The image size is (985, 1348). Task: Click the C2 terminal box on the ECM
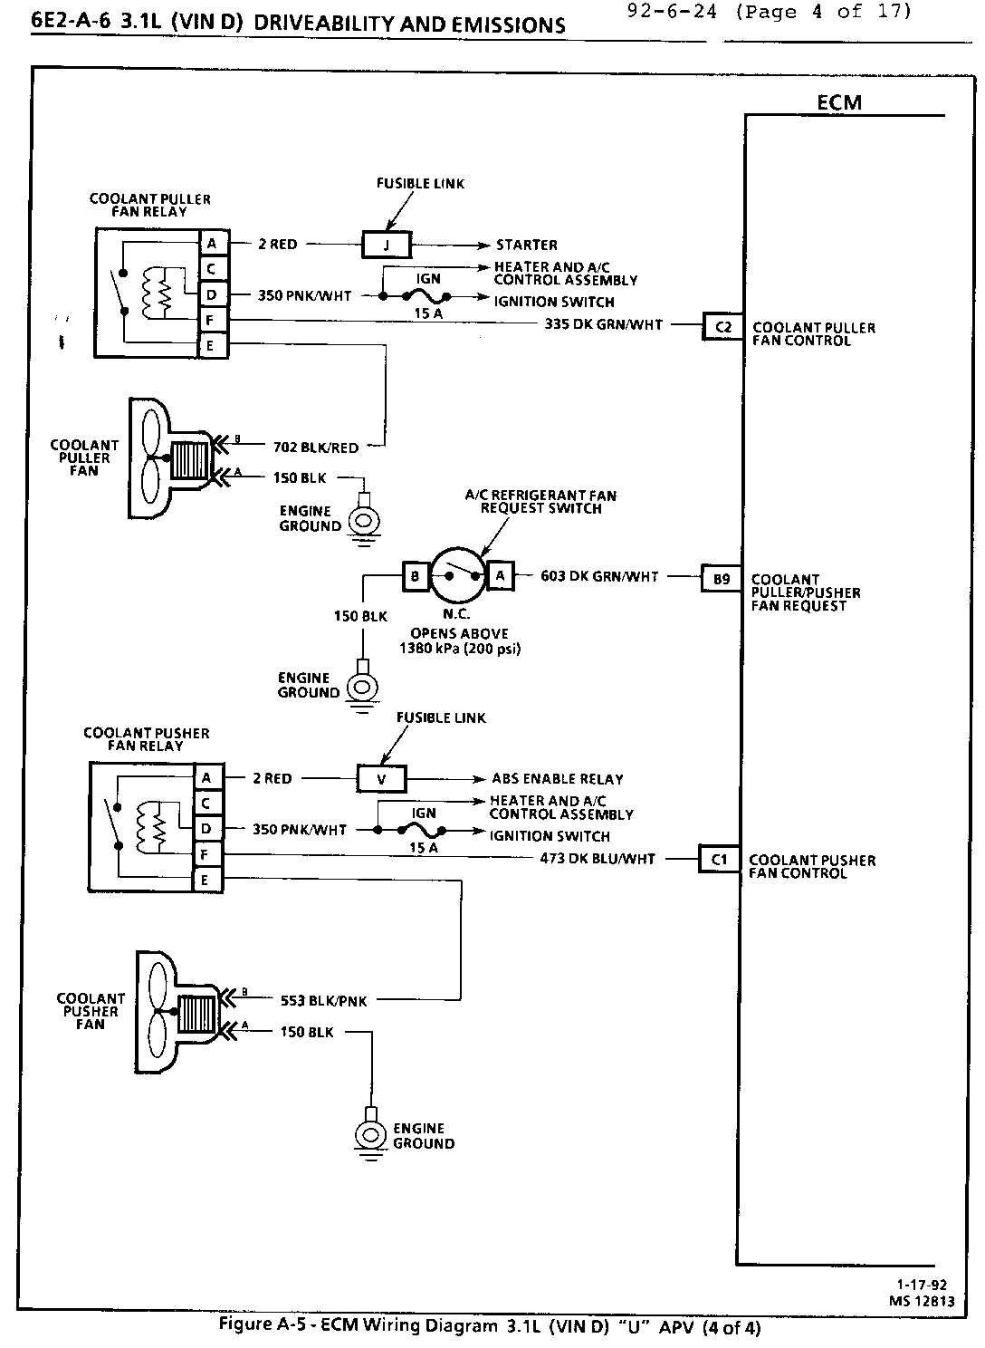tap(722, 326)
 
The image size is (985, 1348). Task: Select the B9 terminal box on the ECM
tap(721, 578)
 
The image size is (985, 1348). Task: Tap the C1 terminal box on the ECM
tap(719, 859)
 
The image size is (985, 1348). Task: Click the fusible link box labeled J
tap(387, 245)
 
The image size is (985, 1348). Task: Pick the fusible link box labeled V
tap(381, 779)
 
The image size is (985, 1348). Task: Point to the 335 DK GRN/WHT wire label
tap(603, 323)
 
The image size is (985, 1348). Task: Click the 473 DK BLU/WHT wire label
tap(597, 858)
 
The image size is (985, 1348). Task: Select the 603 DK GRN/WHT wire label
tap(599, 575)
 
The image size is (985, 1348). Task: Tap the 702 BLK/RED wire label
tap(315, 447)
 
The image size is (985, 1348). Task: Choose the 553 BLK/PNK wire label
tap(323, 1001)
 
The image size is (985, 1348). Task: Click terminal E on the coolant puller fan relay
tap(212, 346)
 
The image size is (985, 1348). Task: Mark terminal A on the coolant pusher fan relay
tap(206, 778)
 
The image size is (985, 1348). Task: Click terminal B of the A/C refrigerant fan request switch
tap(415, 575)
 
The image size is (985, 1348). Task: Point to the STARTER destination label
tap(527, 245)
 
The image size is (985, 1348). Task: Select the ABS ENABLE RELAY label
tap(558, 779)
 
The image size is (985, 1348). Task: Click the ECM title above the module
tap(839, 102)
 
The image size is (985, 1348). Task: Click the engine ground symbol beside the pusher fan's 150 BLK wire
tap(369, 1134)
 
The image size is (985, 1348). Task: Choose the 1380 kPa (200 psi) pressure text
tap(460, 649)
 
